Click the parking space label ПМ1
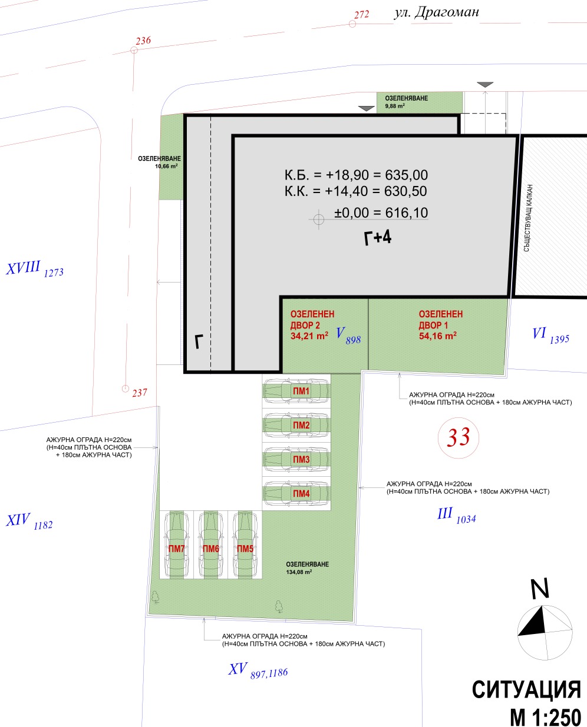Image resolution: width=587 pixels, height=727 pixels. (x=301, y=391)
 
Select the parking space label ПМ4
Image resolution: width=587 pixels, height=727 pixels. (x=301, y=493)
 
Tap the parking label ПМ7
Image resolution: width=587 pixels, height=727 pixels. (x=177, y=549)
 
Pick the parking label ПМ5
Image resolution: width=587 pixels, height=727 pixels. (x=245, y=549)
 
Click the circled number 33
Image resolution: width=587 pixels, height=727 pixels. (x=459, y=437)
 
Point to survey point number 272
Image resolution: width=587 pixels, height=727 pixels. (x=361, y=15)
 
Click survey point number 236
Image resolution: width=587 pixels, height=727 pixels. (x=143, y=41)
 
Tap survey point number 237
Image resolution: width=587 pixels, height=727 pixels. (x=140, y=393)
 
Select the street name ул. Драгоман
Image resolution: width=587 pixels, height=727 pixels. (x=437, y=13)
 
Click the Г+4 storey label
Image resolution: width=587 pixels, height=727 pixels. (x=378, y=237)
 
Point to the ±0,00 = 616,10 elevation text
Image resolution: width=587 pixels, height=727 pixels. (x=381, y=213)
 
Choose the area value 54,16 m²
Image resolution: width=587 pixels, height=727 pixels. (x=437, y=336)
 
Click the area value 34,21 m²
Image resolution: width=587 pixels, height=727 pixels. (x=309, y=336)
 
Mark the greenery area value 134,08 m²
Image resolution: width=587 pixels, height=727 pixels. (x=299, y=572)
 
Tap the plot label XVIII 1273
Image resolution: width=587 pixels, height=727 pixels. (x=35, y=269)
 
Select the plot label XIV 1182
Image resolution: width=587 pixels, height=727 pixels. (x=29, y=522)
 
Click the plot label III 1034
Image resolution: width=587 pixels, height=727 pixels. (x=456, y=516)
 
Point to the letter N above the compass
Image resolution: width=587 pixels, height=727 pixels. (x=540, y=589)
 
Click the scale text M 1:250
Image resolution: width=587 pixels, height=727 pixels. (x=545, y=716)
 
